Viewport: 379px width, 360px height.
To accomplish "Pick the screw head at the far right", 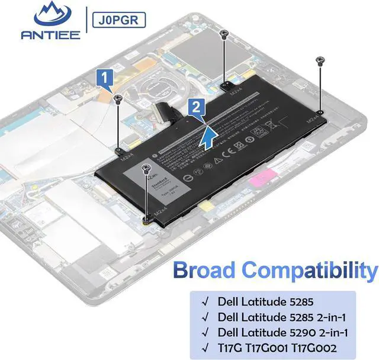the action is tap(320, 59).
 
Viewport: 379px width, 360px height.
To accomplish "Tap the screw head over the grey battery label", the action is tap(146, 169).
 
